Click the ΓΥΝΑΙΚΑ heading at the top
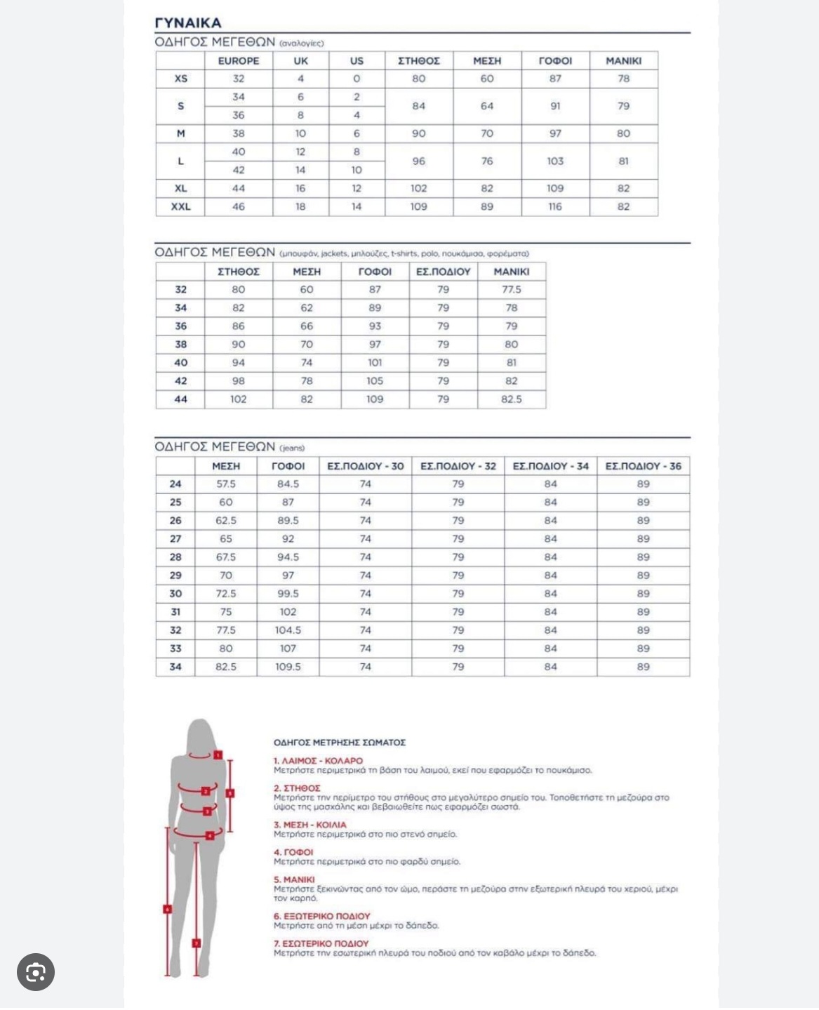187,22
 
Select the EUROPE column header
239,61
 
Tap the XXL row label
180,207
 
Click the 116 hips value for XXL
555,207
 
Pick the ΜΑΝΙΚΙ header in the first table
623,61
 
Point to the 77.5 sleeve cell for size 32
511,290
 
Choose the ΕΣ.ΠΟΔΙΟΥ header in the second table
443,272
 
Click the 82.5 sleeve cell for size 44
511,399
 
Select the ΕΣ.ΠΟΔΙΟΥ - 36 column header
643,466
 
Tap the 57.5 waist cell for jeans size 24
226,484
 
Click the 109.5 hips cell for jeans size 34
288,667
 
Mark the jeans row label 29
175,576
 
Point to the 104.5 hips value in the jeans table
288,630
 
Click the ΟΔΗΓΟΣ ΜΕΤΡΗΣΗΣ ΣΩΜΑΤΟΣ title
340,743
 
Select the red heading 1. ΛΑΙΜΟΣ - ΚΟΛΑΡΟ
318,761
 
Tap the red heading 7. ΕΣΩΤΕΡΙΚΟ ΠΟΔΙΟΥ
321,944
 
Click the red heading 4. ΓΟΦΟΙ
293,852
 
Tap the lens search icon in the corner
36,972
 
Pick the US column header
357,61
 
